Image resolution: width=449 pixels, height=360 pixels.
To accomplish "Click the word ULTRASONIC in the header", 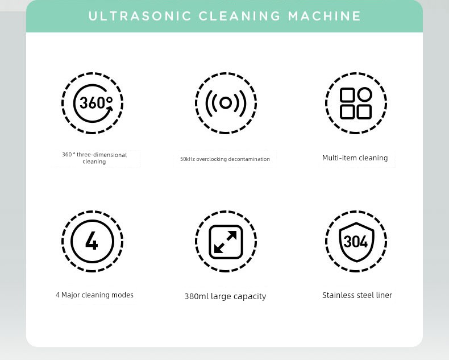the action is pyautogui.click(x=140, y=16).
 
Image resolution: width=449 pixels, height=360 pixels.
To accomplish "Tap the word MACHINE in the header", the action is pyautogui.click(x=325, y=16).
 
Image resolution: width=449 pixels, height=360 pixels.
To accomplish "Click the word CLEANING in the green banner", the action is pyautogui.click(x=239, y=16).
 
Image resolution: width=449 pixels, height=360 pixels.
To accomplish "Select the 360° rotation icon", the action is pyautogui.click(x=93, y=103).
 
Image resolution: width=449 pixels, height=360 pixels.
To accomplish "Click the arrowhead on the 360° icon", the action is pyautogui.click(x=110, y=109).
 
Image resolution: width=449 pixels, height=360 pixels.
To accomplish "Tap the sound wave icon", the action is pyautogui.click(x=226, y=103).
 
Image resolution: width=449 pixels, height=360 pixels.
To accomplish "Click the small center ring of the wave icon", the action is pyautogui.click(x=226, y=103).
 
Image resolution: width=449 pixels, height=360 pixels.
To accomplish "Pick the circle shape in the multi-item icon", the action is pyautogui.click(x=364, y=94).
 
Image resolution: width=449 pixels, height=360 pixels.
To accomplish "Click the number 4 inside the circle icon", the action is pyautogui.click(x=92, y=241).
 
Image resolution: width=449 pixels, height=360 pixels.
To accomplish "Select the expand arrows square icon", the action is pyautogui.click(x=226, y=242).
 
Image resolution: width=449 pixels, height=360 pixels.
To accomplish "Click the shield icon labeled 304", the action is pyautogui.click(x=356, y=242).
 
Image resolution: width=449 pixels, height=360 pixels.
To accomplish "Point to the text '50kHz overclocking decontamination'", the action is pyautogui.click(x=225, y=159).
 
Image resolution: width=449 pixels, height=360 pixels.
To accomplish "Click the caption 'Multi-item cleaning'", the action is pyautogui.click(x=355, y=158).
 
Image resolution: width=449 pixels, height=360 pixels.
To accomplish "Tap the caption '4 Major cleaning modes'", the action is pyautogui.click(x=94, y=295).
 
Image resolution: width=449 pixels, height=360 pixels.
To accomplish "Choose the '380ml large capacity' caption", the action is pyautogui.click(x=226, y=296).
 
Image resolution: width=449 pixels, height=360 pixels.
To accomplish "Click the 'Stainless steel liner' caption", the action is pyautogui.click(x=357, y=295).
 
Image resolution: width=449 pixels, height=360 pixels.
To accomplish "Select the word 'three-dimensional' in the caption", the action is pyautogui.click(x=102, y=155).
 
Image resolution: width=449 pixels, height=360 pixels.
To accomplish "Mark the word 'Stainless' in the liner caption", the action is pyautogui.click(x=339, y=295).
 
